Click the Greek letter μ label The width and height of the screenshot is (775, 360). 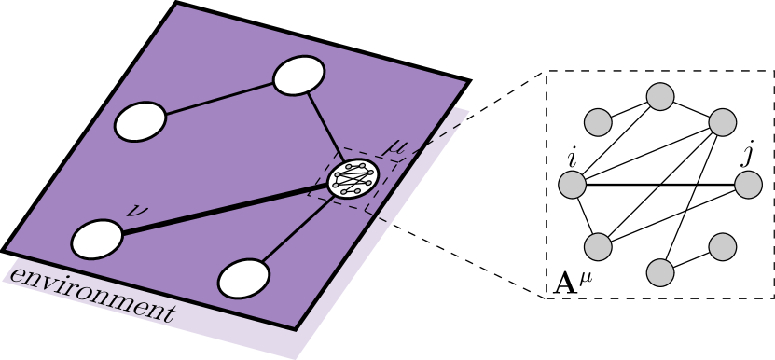tap(396, 146)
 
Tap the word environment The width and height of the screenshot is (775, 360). tap(91, 294)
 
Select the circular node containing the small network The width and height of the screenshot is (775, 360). tap(353, 177)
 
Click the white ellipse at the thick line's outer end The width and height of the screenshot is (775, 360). tap(97, 239)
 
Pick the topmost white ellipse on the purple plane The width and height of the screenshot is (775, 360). tap(299, 76)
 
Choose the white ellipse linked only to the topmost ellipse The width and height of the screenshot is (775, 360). tap(140, 121)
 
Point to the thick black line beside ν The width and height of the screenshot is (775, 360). tap(224, 208)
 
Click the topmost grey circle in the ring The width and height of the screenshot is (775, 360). tap(660, 97)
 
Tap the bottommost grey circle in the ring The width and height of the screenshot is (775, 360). tap(660, 272)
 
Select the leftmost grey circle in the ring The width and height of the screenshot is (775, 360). tap(573, 185)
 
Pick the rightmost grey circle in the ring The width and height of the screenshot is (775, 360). tap(748, 185)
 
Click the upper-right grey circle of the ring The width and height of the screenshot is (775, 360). tap(723, 122)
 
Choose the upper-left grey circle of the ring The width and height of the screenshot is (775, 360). tap(598, 122)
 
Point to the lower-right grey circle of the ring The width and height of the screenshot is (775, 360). tap(723, 247)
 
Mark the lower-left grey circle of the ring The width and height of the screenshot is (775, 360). tap(598, 247)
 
